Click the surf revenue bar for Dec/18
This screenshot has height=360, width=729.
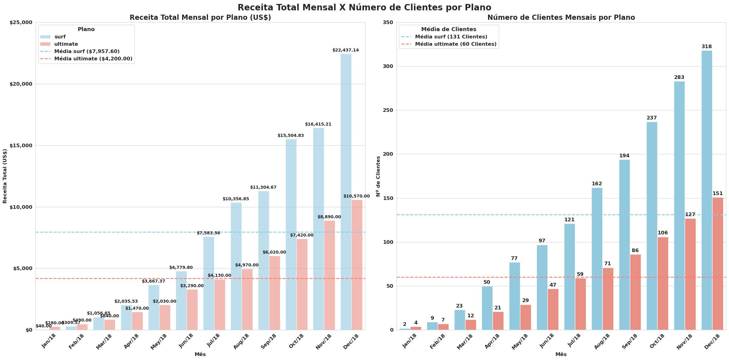pos(346,192)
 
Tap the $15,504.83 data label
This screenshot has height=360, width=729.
pos(290,135)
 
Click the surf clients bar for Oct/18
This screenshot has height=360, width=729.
pos(652,226)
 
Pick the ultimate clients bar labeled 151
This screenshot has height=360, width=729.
pos(717,264)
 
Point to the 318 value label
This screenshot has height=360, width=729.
pos(706,47)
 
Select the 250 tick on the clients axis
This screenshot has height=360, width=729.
pos(387,110)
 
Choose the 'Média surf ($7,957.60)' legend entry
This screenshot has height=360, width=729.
pos(87,52)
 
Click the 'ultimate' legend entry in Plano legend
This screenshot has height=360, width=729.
pos(66,44)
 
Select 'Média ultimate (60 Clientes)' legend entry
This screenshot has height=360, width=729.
pos(455,44)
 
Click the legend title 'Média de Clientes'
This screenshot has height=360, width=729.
pos(448,30)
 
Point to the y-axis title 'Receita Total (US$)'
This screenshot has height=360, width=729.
pos(5,176)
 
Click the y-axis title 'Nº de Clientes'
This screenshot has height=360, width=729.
pos(378,176)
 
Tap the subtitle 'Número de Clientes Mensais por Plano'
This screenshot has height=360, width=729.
pos(561,18)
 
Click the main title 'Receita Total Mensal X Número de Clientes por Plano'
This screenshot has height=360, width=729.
pos(364,7)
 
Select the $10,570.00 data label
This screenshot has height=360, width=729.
pos(356,196)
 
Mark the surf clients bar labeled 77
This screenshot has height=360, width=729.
pos(515,296)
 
